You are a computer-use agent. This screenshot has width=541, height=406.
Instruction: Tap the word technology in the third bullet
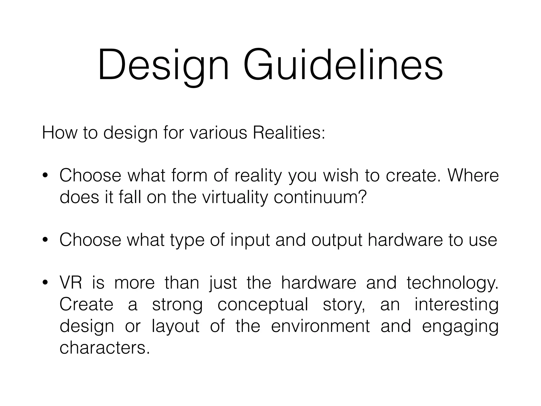(x=452, y=283)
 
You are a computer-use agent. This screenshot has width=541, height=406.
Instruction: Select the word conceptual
(x=263, y=305)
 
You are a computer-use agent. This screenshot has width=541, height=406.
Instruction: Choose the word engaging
(x=460, y=327)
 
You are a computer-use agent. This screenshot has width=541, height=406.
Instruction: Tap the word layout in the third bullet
(x=175, y=326)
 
